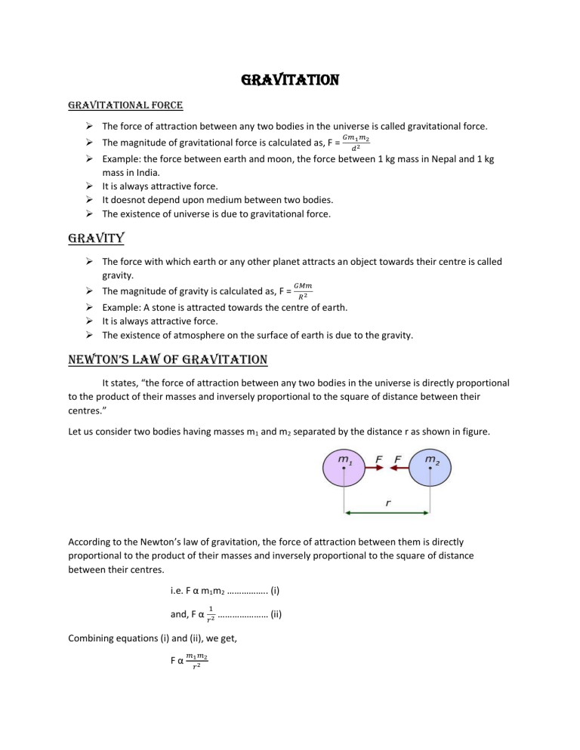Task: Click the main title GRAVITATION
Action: click(x=290, y=79)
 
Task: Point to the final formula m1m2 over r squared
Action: click(x=197, y=684)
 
